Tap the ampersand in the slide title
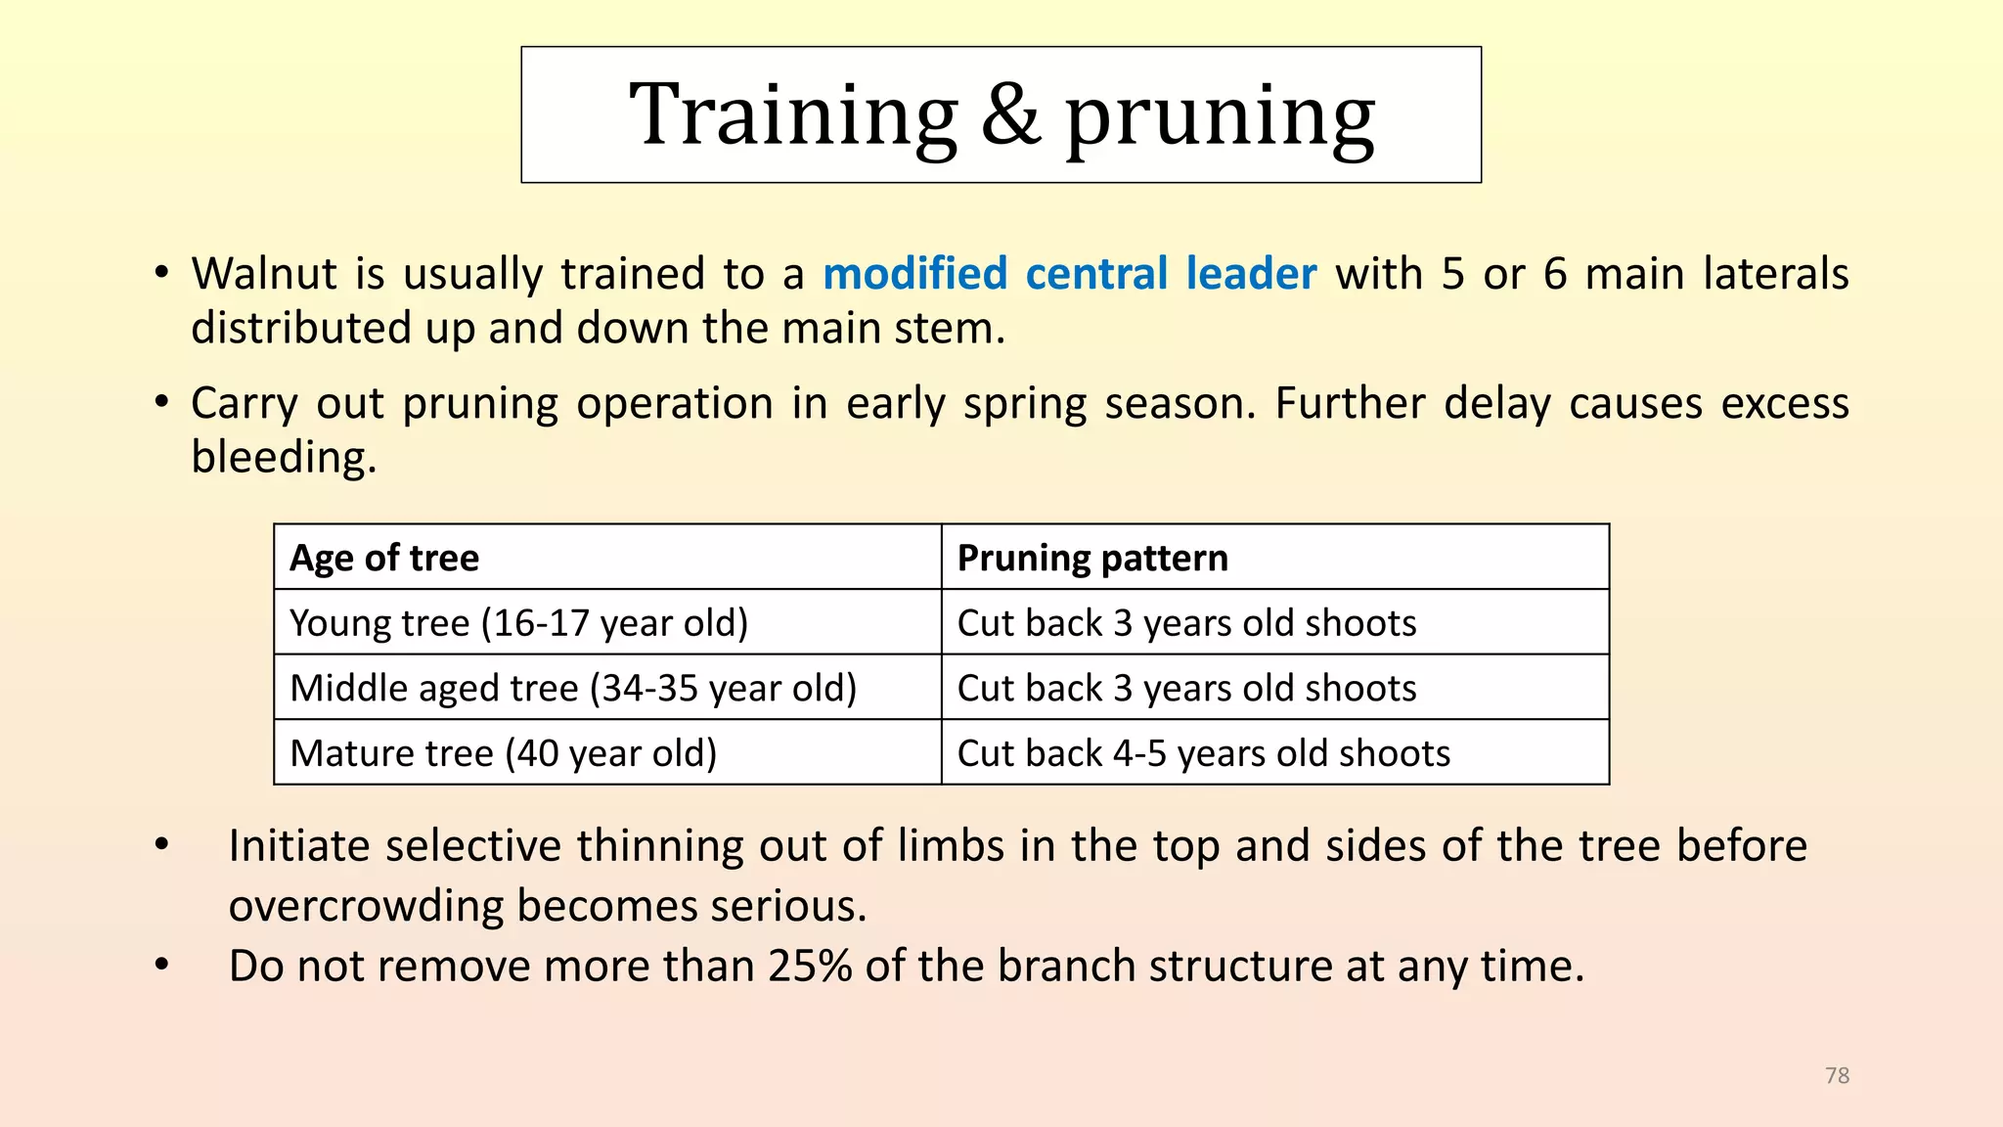1010,114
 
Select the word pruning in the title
1220,120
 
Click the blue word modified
914,273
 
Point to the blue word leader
1251,273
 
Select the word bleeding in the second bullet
284,457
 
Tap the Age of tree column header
384,558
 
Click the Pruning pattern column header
1092,558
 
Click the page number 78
1838,1075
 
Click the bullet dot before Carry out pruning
162,403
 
